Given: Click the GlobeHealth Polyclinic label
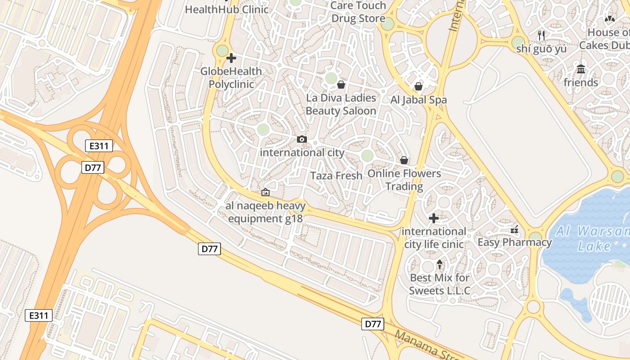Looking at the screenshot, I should click(x=231, y=78).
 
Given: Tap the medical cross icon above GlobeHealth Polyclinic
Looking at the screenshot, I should click(x=231, y=58).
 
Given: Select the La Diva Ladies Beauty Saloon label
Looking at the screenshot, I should click(x=341, y=104).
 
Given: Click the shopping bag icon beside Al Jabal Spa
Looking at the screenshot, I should click(x=418, y=86).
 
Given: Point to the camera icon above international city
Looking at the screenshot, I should click(x=302, y=139).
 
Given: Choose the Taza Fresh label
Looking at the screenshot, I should click(x=337, y=176).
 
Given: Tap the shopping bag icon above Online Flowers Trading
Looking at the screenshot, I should click(x=404, y=160).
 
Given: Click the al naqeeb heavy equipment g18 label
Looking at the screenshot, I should click(x=265, y=212).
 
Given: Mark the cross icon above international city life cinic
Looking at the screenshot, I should click(x=434, y=218).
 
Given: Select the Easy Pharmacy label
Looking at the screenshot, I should click(x=514, y=243).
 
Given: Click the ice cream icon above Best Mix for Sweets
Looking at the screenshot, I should click(x=440, y=264).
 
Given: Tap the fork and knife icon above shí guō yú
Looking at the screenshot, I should click(x=541, y=35).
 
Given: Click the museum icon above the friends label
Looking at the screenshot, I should click(x=581, y=69).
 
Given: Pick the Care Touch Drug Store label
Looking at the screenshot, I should click(x=358, y=12).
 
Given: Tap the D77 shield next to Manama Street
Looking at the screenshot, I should click(x=373, y=324).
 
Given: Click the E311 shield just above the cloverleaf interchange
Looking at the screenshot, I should click(x=99, y=146).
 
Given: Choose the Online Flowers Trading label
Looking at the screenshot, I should click(x=404, y=180).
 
